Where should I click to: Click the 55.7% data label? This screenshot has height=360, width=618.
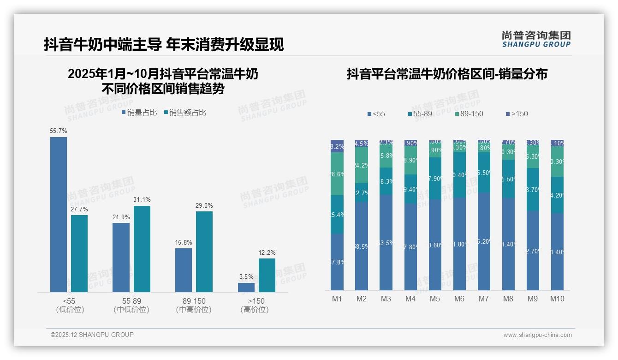coord(59,131)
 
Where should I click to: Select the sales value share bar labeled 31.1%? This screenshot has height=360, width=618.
coord(142,249)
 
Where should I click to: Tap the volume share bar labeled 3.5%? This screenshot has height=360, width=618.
coord(246,287)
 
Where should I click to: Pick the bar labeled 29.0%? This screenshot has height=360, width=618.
coord(204,252)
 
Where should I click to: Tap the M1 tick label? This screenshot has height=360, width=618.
coord(337,299)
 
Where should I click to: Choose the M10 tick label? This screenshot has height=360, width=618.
coord(557,299)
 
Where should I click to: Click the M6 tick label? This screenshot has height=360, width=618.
coord(459,299)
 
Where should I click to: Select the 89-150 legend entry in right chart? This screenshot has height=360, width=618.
coord(469,114)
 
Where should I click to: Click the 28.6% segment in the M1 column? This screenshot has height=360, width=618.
coord(337,174)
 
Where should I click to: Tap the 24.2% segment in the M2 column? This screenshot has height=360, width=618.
coord(362,165)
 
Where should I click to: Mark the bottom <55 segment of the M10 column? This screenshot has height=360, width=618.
coord(557,252)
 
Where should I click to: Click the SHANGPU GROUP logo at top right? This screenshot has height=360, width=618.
coord(536,39)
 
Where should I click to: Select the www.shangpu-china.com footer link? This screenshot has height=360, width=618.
coord(537,335)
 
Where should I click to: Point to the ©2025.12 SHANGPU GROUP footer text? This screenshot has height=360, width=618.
coord(92,335)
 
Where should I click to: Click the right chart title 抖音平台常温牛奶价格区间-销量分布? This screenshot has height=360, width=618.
coord(447,74)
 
